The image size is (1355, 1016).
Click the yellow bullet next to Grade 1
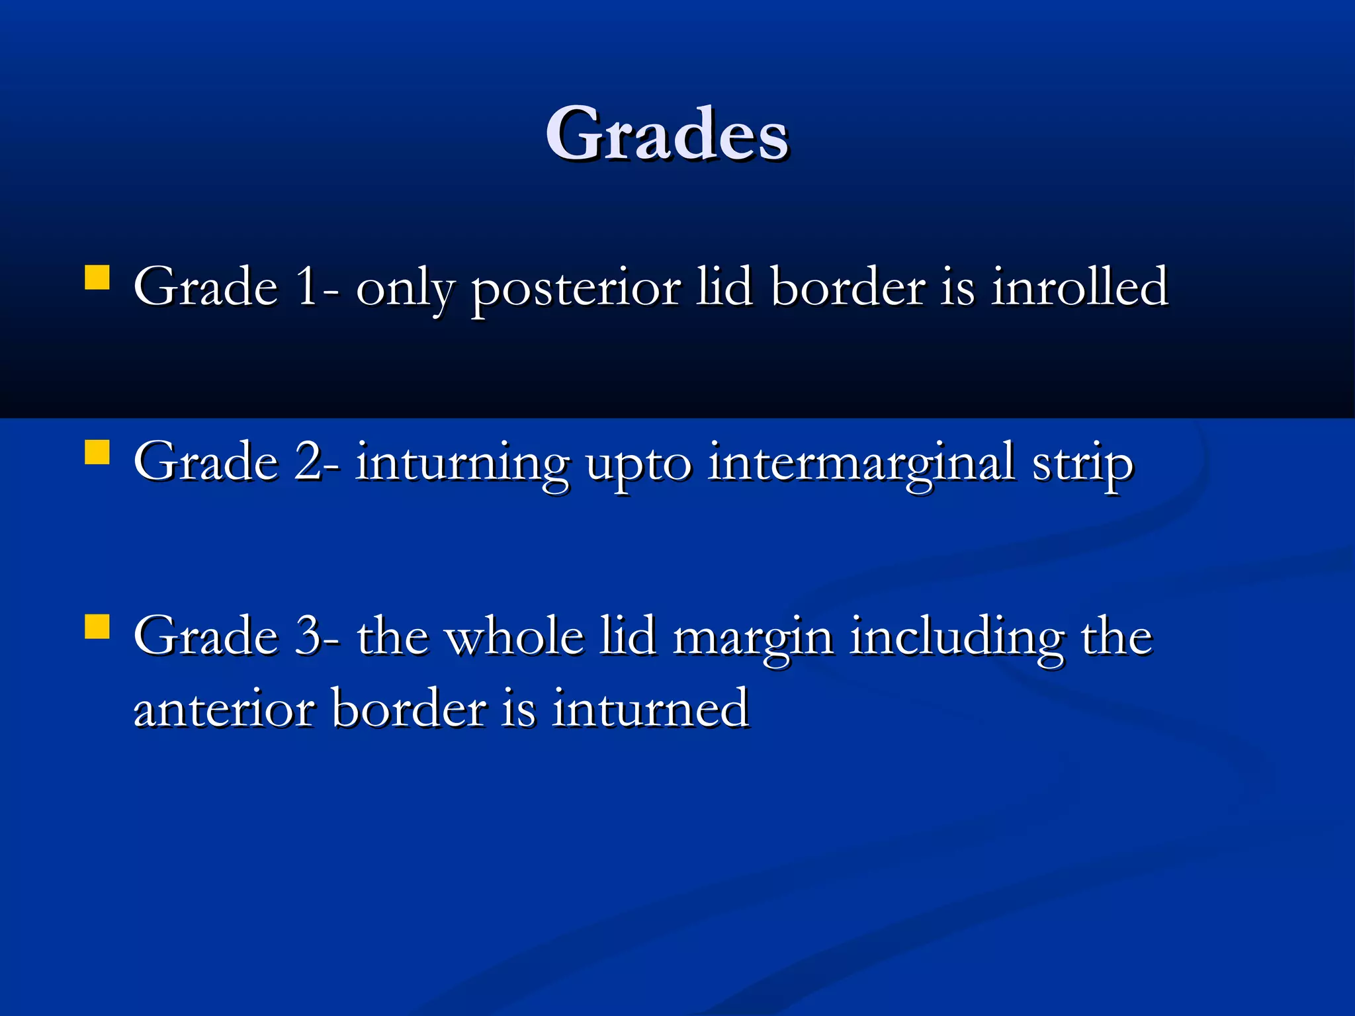97,278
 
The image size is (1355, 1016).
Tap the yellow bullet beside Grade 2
97,453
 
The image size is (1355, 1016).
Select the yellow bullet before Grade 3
97,626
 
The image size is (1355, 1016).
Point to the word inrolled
1079,287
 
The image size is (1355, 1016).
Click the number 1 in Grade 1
307,287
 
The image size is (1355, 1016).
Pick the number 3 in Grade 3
308,636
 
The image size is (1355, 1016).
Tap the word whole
514,636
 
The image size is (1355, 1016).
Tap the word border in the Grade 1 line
848,287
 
